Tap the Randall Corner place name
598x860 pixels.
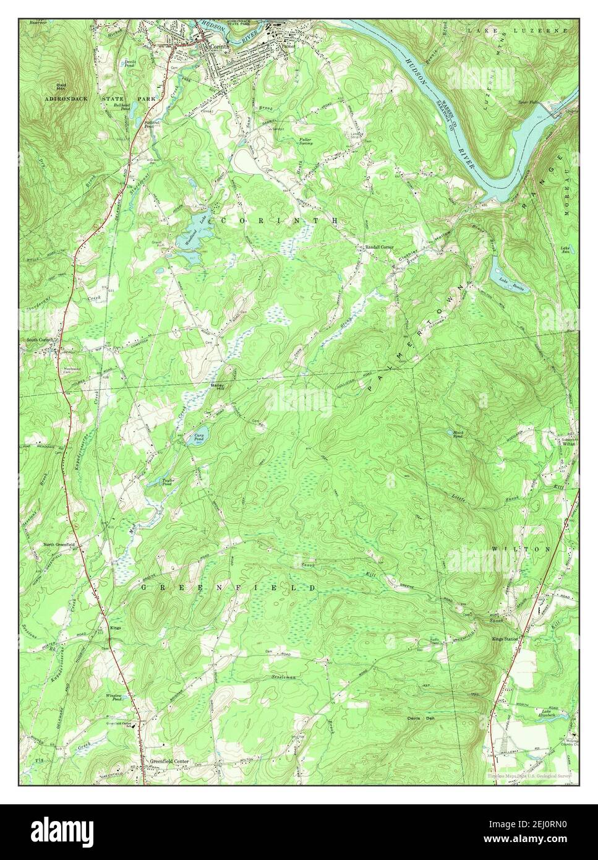click(x=379, y=247)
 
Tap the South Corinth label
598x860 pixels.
click(x=41, y=340)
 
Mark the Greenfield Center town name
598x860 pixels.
click(x=168, y=761)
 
